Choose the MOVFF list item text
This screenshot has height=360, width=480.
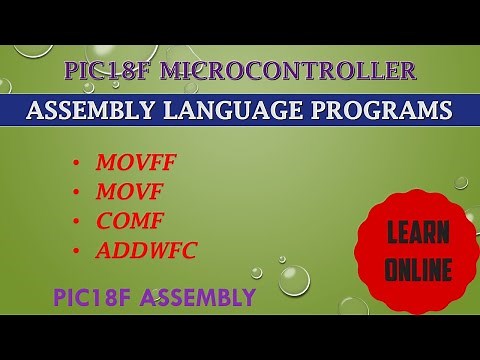click(133, 161)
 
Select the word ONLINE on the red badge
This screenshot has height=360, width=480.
click(418, 269)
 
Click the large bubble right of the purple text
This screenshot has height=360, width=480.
click(292, 283)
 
